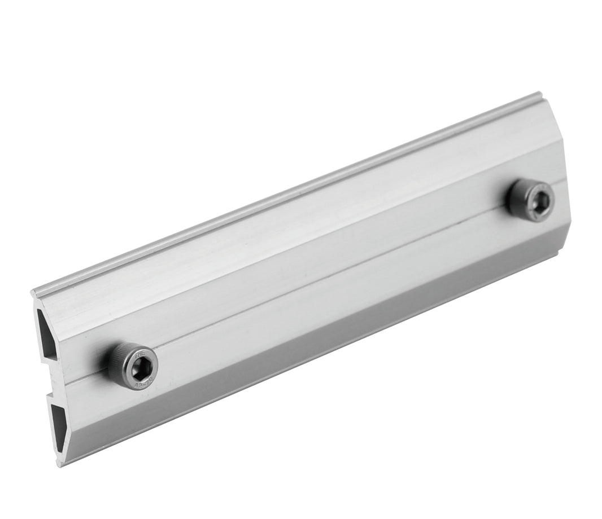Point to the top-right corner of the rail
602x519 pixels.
coord(540,94)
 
